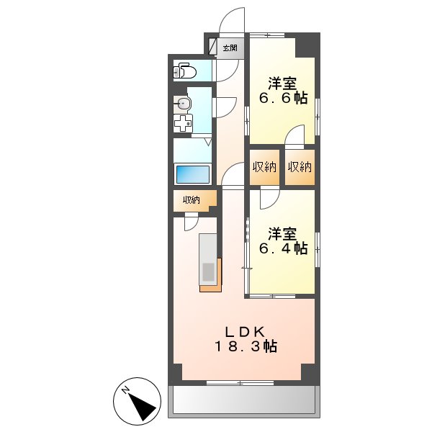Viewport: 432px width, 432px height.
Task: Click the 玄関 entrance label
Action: point(230,48)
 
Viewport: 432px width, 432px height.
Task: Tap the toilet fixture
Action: point(186,71)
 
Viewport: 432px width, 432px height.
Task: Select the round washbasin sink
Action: point(184,104)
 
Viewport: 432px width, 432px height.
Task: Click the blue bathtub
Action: point(192,175)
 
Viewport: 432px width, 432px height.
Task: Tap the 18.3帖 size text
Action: point(245,347)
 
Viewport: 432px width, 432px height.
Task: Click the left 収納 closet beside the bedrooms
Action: point(264,167)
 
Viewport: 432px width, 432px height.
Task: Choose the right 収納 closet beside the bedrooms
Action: point(299,167)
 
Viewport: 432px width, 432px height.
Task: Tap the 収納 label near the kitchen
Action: point(191,201)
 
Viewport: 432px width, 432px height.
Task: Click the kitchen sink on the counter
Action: point(208,272)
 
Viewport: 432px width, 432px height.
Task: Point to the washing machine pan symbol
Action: point(183,122)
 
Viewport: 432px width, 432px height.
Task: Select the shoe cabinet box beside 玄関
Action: point(213,47)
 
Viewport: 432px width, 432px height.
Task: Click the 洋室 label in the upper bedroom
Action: point(282,82)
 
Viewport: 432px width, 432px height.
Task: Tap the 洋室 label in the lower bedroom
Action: point(282,233)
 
